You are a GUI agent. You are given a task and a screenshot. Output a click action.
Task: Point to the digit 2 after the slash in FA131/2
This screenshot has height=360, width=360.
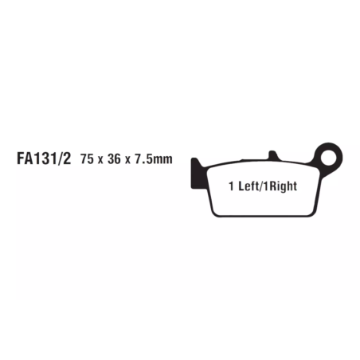(x=67, y=158)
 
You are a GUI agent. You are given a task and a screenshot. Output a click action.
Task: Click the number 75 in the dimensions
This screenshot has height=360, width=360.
(x=87, y=159)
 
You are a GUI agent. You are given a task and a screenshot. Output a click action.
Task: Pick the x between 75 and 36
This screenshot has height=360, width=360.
(x=100, y=160)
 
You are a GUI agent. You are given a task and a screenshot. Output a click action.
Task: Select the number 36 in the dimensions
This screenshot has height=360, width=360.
(x=114, y=159)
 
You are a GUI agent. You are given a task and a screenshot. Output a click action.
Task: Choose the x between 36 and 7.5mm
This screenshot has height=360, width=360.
(x=127, y=160)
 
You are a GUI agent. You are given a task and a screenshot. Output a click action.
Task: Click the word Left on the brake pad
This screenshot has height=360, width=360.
(x=248, y=186)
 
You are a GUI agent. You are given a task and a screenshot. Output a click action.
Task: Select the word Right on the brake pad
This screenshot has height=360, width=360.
(x=283, y=186)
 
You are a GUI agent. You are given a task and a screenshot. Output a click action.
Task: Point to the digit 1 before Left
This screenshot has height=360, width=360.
(x=232, y=186)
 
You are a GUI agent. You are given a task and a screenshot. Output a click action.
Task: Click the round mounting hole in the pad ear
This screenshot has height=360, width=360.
(x=329, y=157)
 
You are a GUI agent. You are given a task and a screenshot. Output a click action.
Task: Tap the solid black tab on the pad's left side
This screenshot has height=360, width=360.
(x=198, y=174)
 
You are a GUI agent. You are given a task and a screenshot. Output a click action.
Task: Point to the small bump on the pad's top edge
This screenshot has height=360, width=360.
(x=273, y=155)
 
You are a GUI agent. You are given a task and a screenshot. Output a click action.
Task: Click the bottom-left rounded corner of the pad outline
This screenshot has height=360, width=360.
(x=214, y=213)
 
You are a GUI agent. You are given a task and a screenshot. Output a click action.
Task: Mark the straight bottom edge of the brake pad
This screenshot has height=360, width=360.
(x=264, y=216)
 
